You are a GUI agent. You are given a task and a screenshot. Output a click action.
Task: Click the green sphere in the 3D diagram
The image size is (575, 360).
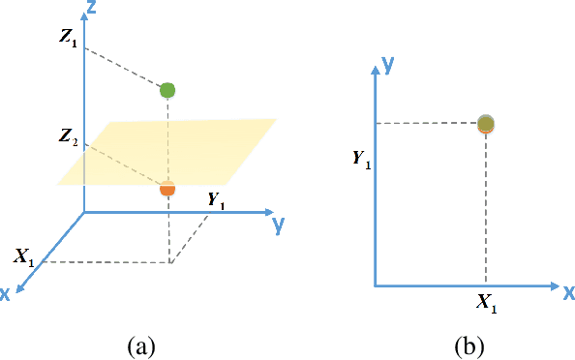(x=167, y=90)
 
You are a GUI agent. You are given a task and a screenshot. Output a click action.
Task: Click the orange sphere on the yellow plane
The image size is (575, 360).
(x=167, y=189)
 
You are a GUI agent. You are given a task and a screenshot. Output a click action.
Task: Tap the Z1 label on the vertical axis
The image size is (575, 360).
(x=67, y=40)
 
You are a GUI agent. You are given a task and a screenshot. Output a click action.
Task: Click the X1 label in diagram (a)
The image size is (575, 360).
(x=25, y=257)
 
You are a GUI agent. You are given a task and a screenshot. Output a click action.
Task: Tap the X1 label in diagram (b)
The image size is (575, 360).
(x=487, y=303)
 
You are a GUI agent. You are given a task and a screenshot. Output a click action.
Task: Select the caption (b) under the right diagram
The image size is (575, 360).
(x=469, y=345)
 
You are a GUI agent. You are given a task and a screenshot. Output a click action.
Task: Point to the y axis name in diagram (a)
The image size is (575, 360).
(x=278, y=225)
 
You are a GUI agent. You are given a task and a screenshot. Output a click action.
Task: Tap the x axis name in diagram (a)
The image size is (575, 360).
(x=6, y=293)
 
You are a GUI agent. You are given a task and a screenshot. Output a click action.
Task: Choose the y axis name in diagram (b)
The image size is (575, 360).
(x=386, y=64)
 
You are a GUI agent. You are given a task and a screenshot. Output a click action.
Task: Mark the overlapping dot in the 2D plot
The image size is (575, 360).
(x=486, y=123)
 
